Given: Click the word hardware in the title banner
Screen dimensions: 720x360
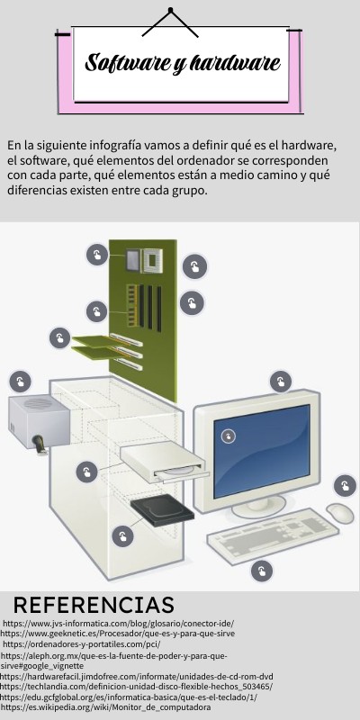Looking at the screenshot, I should (236, 64).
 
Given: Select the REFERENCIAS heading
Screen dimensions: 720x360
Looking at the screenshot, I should (93, 604).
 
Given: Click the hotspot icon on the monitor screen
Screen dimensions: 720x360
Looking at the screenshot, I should (229, 436).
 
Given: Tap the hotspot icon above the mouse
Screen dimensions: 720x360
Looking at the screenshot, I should (345, 487).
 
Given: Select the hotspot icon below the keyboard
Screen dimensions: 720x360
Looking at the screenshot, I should (262, 571).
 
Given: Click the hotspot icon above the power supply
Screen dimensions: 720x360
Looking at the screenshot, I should (20, 380).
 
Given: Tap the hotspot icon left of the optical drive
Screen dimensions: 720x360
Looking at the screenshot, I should (86, 471).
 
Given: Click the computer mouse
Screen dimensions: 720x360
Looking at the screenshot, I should (339, 513).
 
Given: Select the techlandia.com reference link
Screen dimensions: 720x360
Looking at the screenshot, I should (136, 687).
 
